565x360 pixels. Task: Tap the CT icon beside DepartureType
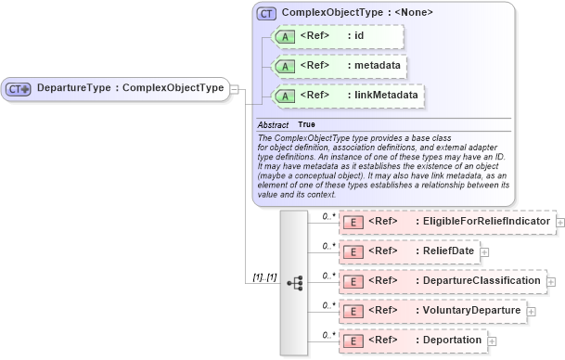point(19,89)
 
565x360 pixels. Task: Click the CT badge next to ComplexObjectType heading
point(267,14)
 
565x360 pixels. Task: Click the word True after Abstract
point(305,124)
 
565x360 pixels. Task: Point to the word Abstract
point(273,124)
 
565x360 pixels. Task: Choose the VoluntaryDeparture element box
point(432,310)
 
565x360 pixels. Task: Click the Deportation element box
point(413,340)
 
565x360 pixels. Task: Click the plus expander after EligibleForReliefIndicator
point(560,224)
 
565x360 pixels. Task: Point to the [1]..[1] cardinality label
point(263,276)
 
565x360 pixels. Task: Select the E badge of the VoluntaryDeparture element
point(353,311)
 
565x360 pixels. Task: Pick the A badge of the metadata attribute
point(287,67)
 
